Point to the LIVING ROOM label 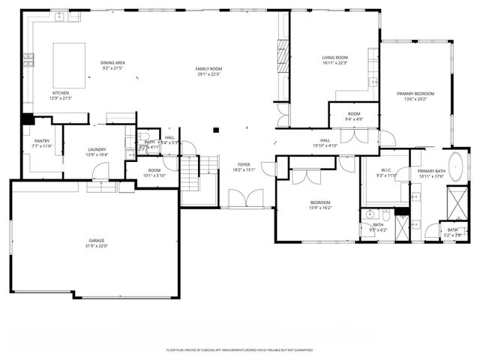pyautogui.click(x=335, y=58)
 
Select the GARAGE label pyautogui.click(x=97, y=241)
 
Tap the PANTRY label pyautogui.click(x=41, y=141)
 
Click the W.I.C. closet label pyautogui.click(x=385, y=170)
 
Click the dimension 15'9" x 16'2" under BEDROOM pyautogui.click(x=320, y=208)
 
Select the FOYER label pyautogui.click(x=244, y=164)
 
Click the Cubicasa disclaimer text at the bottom pyautogui.click(x=240, y=349)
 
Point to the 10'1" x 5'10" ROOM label pyautogui.click(x=154, y=171)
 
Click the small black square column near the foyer pyautogui.click(x=215, y=130)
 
